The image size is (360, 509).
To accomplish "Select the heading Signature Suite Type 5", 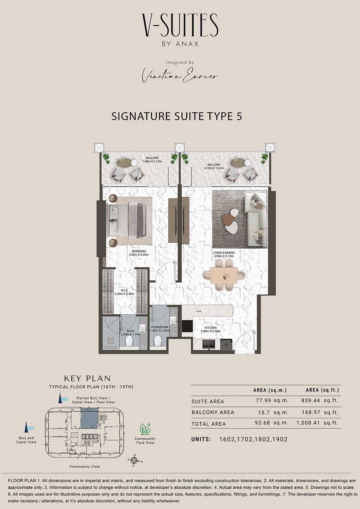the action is [x=177, y=116].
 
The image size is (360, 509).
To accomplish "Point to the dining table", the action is [x=224, y=275].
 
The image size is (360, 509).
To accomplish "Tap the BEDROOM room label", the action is [x=139, y=251].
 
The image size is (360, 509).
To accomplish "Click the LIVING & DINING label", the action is [x=224, y=253].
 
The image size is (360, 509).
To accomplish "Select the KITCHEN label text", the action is [x=211, y=328].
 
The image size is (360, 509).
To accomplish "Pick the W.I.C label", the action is [x=124, y=290].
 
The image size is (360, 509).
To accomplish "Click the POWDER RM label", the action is [x=160, y=327].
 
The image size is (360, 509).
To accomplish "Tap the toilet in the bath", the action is [x=129, y=341].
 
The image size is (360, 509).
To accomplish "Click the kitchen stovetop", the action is [x=187, y=325].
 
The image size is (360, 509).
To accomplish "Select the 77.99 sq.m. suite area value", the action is [x=272, y=400].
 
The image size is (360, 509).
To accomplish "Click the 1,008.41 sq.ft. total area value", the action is [x=317, y=423].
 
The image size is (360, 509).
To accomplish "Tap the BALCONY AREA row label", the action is [x=213, y=412].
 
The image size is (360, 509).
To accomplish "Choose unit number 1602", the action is [x=227, y=439].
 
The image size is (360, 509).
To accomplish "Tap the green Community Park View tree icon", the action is [x=145, y=429].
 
